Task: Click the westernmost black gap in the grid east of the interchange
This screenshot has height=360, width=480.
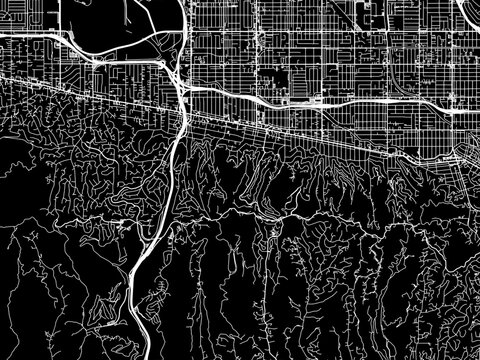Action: tap(271, 80)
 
